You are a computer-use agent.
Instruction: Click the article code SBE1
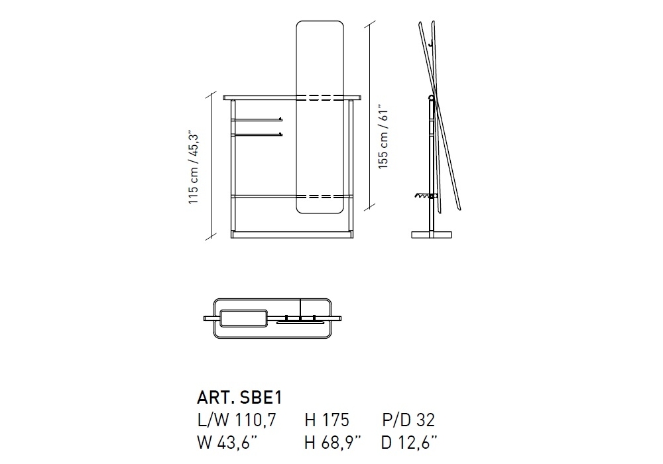coord(261,397)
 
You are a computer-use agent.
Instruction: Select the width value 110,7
coord(255,420)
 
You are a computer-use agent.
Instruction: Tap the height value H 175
coord(327,420)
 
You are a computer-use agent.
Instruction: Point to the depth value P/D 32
coord(408,420)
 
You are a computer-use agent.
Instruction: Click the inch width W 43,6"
coord(227,442)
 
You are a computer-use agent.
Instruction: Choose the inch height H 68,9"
coord(333,442)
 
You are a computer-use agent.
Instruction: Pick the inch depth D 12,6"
coord(409,442)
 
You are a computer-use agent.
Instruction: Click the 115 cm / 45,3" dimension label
coord(193,167)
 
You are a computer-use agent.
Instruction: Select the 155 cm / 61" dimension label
coord(383,137)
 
